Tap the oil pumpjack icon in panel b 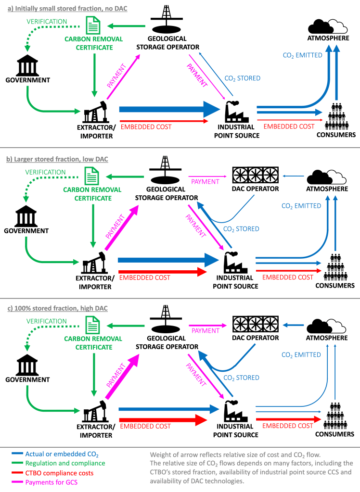click(91, 263)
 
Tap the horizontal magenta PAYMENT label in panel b click(205, 181)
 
